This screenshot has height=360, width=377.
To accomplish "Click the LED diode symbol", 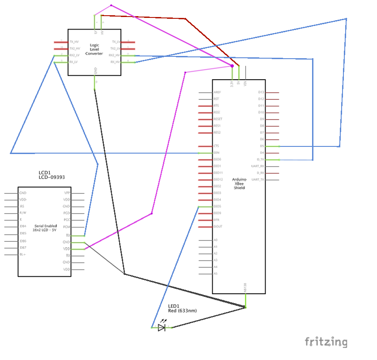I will pyautogui.click(x=162, y=328).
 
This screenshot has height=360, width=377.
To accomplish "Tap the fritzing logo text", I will pyautogui.click(x=326, y=342).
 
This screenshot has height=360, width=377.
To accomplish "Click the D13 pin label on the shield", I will pyautogui.click(x=261, y=92).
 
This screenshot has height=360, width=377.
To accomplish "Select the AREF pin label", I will pyautogui.click(x=218, y=92).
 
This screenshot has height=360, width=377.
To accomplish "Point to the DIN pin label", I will pyautogui.click(x=216, y=153).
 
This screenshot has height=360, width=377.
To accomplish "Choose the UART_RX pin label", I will pyautogui.click(x=258, y=166).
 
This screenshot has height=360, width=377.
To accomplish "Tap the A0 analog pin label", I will pyautogui.click(x=215, y=240).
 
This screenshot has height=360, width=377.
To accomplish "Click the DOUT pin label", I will pyautogui.click(x=218, y=227).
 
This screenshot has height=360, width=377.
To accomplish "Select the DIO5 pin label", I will pyautogui.click(x=217, y=206).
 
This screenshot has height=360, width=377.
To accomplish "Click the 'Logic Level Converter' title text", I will pyautogui.click(x=94, y=49).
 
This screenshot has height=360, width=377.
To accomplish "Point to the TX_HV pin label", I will pyautogui.click(x=74, y=42).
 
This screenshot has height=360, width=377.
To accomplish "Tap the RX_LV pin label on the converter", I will pyautogui.click(x=74, y=62).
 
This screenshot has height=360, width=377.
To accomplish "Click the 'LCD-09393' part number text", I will pyautogui.click(x=52, y=177).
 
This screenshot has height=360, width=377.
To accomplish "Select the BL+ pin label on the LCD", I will pyautogui.click(x=23, y=255).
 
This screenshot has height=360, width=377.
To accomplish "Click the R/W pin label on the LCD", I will pyautogui.click(x=22, y=213).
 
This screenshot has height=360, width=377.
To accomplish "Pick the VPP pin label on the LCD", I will pyautogui.click(x=67, y=193).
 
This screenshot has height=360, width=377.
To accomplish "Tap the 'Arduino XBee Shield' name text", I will pyautogui.click(x=239, y=184).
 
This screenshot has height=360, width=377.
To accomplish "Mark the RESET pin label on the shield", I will pyautogui.click(x=218, y=119).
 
